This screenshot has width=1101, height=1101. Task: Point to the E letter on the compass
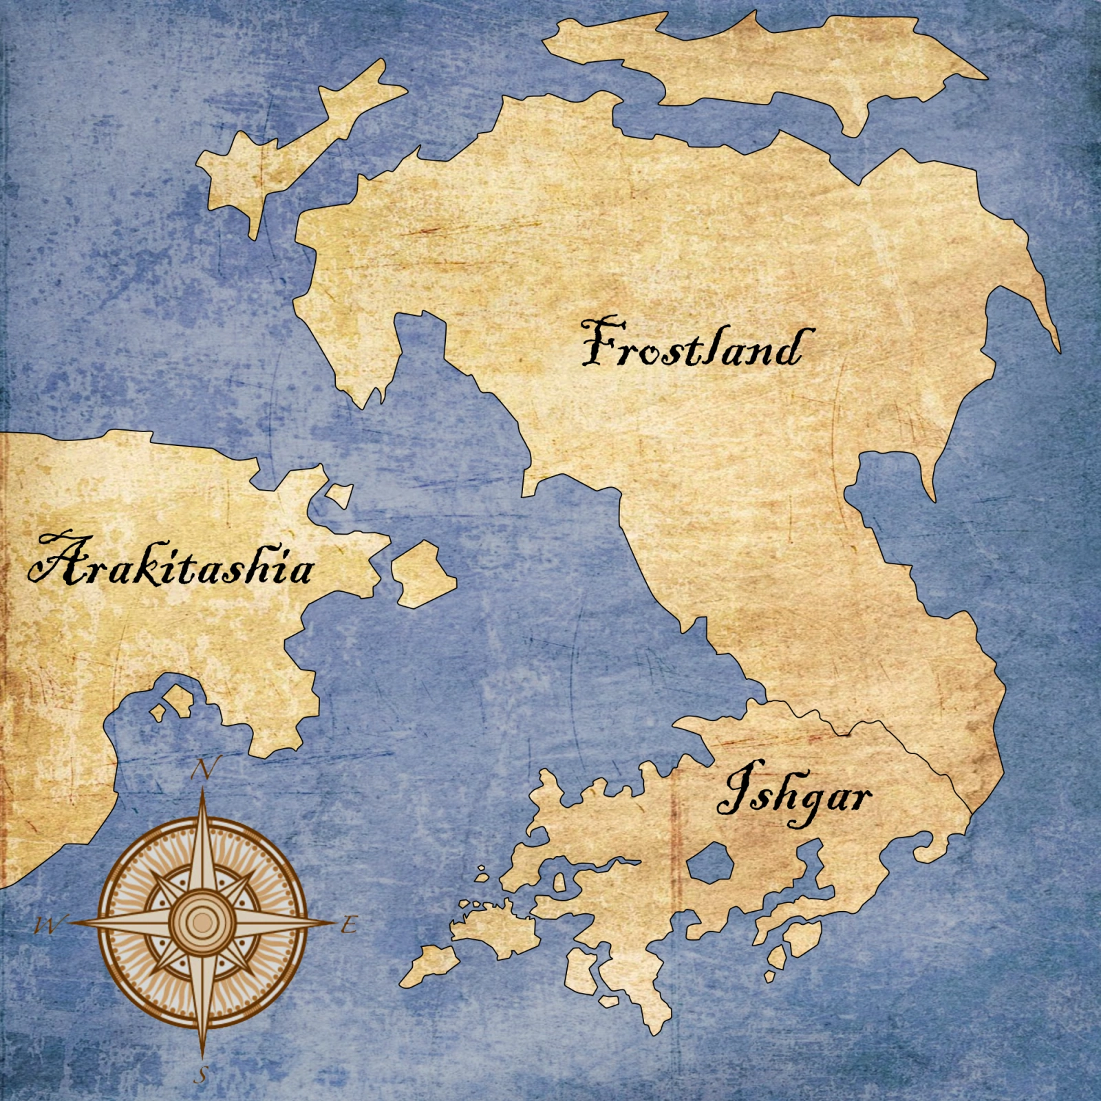click(348, 926)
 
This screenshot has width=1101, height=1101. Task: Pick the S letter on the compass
click(202, 1075)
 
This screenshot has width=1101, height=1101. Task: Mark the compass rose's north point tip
click(202, 788)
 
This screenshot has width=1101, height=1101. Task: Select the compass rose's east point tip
click(332, 920)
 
